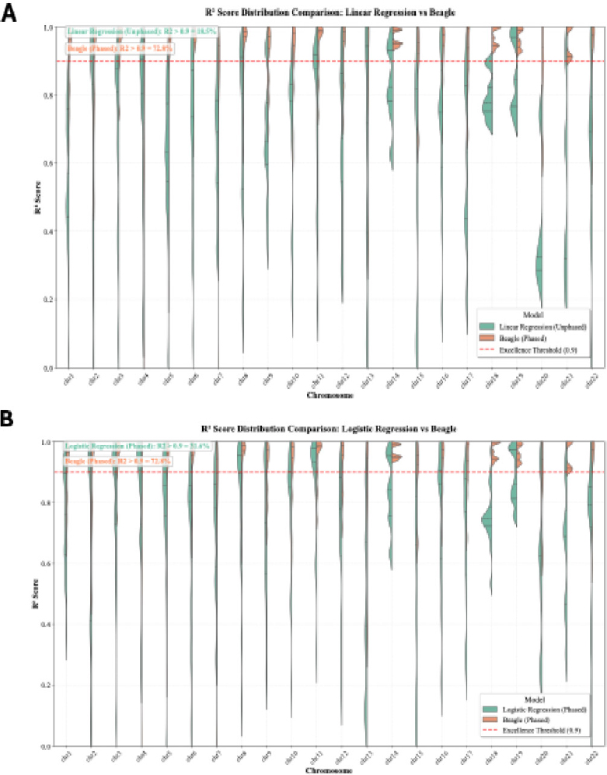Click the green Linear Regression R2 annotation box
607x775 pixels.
pos(141,31)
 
